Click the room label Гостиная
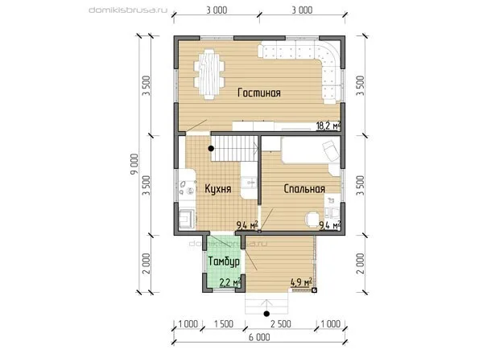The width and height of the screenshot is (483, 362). [x=259, y=93]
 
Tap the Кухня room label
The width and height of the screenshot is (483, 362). [x=218, y=189]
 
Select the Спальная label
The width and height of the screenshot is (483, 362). [x=304, y=189]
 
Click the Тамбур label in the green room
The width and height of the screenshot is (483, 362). [x=224, y=261]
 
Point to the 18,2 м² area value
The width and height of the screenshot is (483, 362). [x=328, y=125]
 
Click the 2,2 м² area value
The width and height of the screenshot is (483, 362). [x=229, y=282]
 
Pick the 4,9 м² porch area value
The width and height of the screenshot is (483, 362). [x=302, y=282]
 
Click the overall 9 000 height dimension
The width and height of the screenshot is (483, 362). [x=134, y=165]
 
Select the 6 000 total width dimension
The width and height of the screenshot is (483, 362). [x=259, y=337]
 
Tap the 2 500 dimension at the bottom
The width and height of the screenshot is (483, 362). [x=281, y=324]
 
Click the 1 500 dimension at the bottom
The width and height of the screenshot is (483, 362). [x=224, y=324]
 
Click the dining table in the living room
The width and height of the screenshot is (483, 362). [x=209, y=74]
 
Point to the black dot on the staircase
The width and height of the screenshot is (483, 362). [x=211, y=149]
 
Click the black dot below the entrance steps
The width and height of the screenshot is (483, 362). [x=266, y=314]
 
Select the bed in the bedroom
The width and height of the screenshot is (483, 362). [x=311, y=150]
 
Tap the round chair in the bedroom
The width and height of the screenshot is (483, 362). [x=312, y=219]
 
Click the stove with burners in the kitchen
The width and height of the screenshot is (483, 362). [x=188, y=187]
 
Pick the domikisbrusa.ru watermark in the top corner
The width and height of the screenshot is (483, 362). [x=128, y=10]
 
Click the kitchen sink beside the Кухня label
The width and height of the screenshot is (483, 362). [x=250, y=182]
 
